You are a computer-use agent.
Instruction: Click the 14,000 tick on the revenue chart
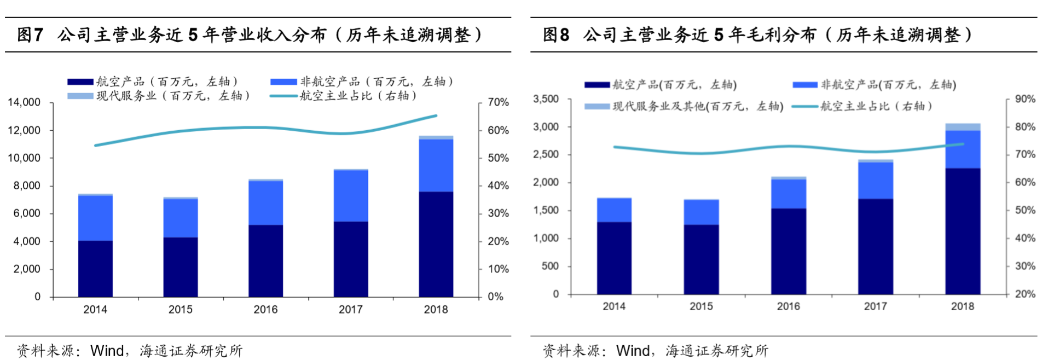coord(24,102)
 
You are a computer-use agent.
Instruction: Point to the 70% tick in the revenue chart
coord(498,102)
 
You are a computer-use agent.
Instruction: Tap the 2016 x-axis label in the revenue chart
coord(265,310)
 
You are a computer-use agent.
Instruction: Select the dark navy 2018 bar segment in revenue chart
coord(436,244)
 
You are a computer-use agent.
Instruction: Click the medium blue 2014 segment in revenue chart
coord(95,218)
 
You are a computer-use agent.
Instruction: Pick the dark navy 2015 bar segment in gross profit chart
coord(701,259)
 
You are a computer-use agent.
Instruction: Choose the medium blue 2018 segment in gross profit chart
coord(963,149)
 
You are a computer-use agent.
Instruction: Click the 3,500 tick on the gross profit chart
coord(546,99)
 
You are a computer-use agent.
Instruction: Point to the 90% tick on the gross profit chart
coord(1025,99)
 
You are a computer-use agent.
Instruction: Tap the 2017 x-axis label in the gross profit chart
coord(875,306)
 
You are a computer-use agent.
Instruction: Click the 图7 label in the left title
coord(30,35)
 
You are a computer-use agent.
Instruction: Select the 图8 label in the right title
coord(555,35)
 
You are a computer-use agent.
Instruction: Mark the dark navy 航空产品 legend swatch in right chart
coord(597,85)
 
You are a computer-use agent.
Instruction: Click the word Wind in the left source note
coord(107,351)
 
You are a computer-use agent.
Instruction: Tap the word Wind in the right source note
coord(633,351)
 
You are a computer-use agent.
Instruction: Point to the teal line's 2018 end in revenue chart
coord(436,115)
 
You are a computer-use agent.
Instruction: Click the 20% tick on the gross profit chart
coord(1025,294)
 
